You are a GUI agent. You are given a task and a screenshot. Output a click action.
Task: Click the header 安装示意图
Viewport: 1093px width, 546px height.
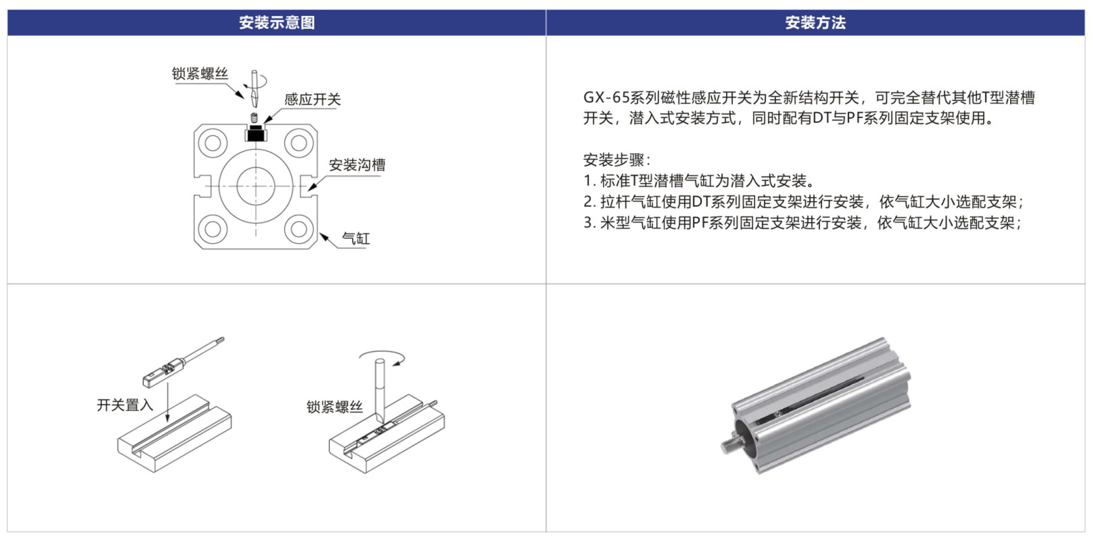click(277, 22)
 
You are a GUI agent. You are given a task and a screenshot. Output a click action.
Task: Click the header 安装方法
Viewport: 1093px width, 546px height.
click(815, 22)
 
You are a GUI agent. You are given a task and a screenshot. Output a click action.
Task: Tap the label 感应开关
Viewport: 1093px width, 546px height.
click(312, 100)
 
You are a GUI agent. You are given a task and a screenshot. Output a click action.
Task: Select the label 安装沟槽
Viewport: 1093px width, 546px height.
click(357, 165)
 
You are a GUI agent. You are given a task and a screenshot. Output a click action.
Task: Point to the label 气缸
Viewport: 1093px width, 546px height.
click(356, 239)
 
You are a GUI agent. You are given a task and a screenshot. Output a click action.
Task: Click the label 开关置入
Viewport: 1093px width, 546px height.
click(125, 405)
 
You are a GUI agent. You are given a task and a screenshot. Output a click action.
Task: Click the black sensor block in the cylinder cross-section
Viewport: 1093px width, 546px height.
click(256, 134)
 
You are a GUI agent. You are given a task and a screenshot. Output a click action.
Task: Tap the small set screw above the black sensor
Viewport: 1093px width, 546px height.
click(254, 118)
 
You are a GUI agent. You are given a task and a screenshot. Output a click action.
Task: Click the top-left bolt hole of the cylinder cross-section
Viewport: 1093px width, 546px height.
click(213, 143)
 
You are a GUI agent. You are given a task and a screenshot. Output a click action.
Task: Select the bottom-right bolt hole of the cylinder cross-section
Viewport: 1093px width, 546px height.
click(299, 229)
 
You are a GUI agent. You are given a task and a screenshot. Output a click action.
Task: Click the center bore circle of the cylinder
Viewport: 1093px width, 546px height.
click(256, 186)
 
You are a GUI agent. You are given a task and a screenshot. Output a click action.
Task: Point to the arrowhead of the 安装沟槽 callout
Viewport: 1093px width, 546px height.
click(311, 187)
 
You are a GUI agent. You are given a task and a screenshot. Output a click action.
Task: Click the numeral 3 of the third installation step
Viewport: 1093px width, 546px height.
click(587, 223)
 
